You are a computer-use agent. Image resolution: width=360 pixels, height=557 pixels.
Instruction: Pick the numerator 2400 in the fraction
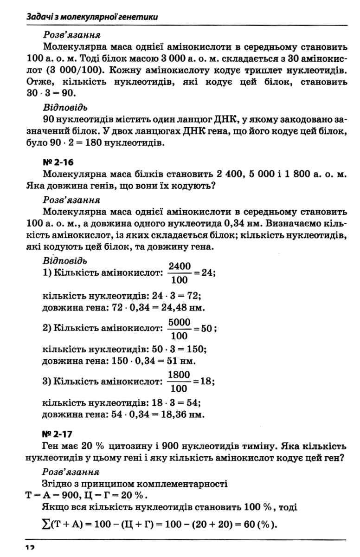click(180, 266)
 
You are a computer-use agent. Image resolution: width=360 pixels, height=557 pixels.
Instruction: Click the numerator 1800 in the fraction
click(180, 374)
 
